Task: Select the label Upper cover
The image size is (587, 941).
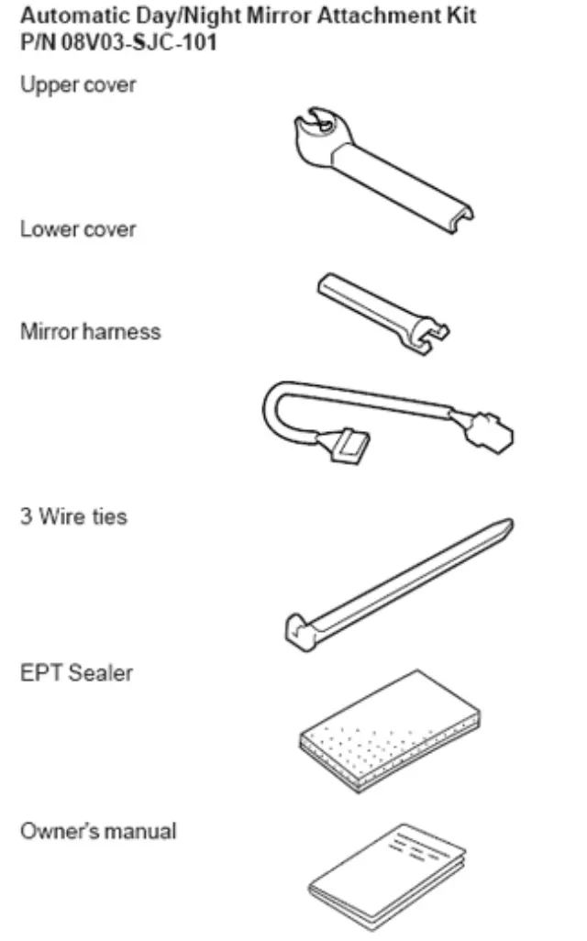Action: click(77, 86)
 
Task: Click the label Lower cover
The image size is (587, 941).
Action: click(78, 229)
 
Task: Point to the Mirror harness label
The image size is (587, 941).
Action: click(90, 331)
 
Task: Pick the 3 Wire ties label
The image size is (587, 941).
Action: click(73, 516)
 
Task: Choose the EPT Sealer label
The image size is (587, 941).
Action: click(76, 672)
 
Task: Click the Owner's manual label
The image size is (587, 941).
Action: click(98, 832)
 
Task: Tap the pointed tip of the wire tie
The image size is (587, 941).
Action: click(505, 526)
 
